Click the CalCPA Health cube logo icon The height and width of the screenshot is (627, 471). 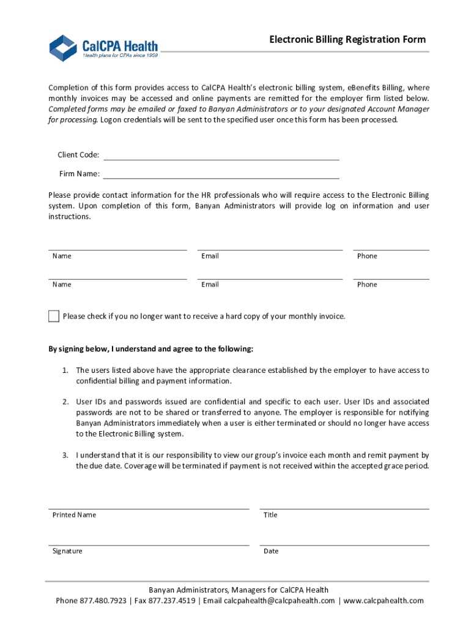coord(64,48)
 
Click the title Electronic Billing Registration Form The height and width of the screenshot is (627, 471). coord(347,40)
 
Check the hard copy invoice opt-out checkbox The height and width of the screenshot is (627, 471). coord(54,317)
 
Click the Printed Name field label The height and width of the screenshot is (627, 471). coord(74,515)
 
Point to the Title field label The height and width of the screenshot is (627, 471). coord(270,515)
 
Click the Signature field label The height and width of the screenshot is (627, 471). coord(67,551)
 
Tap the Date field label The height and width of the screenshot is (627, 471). coord(271,551)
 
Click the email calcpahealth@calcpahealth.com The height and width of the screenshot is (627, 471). coord(280,601)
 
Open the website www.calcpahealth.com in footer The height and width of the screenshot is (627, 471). coord(384,601)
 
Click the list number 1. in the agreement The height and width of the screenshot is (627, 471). coord(65,370)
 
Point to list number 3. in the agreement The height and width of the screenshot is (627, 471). coord(65,456)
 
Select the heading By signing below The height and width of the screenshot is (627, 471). coord(150,349)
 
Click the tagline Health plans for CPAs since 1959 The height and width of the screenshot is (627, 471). coord(121,55)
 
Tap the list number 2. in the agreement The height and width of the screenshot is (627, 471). coord(65,402)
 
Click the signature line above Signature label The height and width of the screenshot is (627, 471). coord(149,544)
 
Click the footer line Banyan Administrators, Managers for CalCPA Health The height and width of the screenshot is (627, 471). coord(235,590)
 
